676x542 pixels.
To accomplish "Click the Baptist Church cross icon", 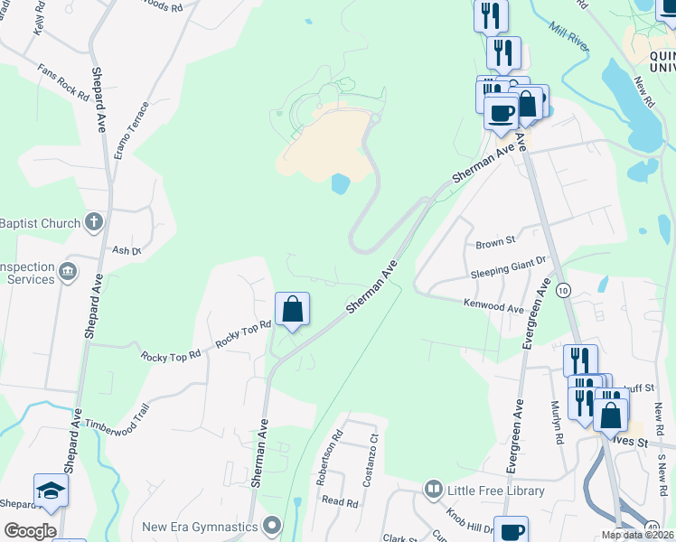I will pyautogui.click(x=94, y=221).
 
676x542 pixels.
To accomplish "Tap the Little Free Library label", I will pyautogui.click(x=496, y=491).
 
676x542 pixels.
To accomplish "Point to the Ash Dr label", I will pyautogui.click(x=127, y=251).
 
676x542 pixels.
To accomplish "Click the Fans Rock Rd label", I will pyautogui.click(x=63, y=81).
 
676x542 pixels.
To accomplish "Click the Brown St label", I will pyautogui.click(x=494, y=242).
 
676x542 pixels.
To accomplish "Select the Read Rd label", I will pyautogui.click(x=340, y=501).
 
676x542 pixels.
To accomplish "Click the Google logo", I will pyautogui.click(x=30, y=531).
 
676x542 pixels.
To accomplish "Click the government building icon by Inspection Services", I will pyautogui.click(x=68, y=271).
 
